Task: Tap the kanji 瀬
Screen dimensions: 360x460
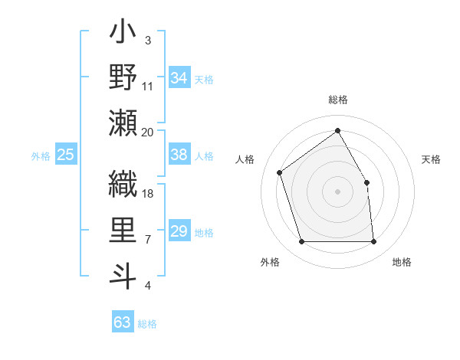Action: tap(123, 123)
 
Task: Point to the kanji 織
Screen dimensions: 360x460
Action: tap(123, 184)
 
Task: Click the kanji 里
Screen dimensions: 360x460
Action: tap(123, 230)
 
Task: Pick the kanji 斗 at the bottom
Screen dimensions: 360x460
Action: tap(123, 275)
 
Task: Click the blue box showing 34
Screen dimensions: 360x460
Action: tap(179, 78)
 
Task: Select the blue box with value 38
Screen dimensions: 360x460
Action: tap(179, 155)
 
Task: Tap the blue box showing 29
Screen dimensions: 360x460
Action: tap(179, 231)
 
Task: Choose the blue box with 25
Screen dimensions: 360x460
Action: tap(66, 155)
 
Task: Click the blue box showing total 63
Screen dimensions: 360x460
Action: tap(123, 322)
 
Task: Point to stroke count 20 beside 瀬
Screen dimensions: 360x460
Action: tap(148, 133)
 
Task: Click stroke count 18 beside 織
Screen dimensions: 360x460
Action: tap(148, 194)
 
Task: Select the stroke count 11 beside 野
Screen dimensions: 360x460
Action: tap(148, 87)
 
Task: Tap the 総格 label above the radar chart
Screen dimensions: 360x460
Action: tap(338, 100)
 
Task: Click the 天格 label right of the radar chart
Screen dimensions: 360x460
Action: tap(431, 159)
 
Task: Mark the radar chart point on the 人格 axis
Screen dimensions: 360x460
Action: tap(280, 172)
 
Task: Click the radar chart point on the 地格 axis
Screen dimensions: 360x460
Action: tap(374, 242)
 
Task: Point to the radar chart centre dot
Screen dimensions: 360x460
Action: tap(338, 191)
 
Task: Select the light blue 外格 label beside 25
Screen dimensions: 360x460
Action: tap(41, 156)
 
